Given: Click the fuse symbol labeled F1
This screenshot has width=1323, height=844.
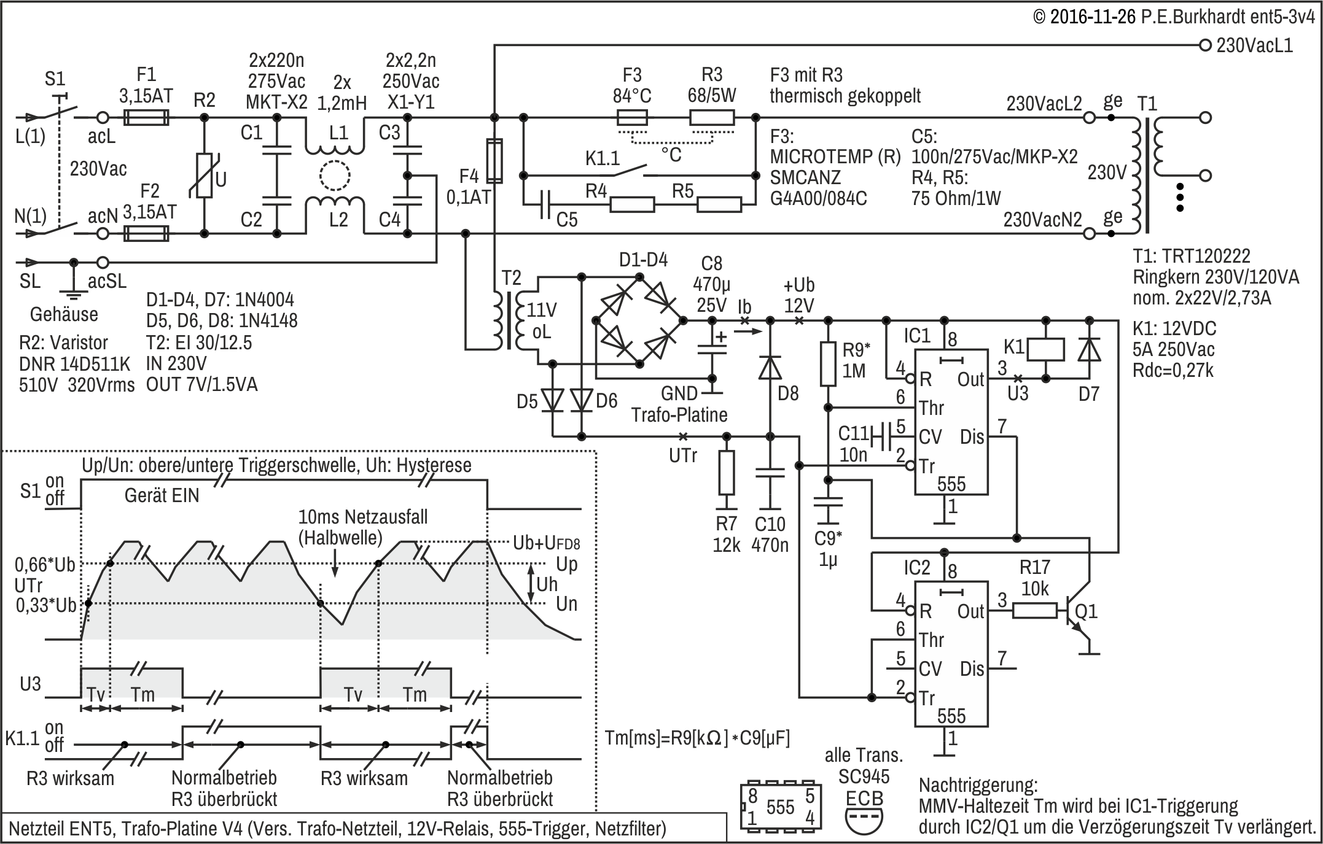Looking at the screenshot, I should [146, 117].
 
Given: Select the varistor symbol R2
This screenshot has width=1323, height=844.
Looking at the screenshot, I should [204, 176].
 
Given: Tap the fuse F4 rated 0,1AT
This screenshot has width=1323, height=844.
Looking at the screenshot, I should [494, 161].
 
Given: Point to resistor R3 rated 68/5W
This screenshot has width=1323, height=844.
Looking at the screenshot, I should [712, 117].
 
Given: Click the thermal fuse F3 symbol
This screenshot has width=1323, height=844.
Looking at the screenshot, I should [631, 117].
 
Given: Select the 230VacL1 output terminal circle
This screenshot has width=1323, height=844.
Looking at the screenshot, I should [1205, 45].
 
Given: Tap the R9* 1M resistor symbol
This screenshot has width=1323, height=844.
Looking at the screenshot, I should [828, 364].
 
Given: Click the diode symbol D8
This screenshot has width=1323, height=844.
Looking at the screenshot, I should [770, 368].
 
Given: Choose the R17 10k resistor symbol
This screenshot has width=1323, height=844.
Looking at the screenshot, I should [1034, 611].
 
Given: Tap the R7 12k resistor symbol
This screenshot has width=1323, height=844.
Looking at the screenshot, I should [727, 473].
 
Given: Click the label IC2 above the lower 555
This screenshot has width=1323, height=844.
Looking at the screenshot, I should [916, 567].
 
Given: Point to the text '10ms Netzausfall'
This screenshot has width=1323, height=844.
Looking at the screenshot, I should [362, 517].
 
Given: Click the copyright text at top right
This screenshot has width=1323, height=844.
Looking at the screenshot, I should [1173, 17].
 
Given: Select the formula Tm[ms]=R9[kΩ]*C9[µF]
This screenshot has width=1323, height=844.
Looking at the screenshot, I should [698, 737].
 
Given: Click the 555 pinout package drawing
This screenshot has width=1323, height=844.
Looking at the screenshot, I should [780, 806].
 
